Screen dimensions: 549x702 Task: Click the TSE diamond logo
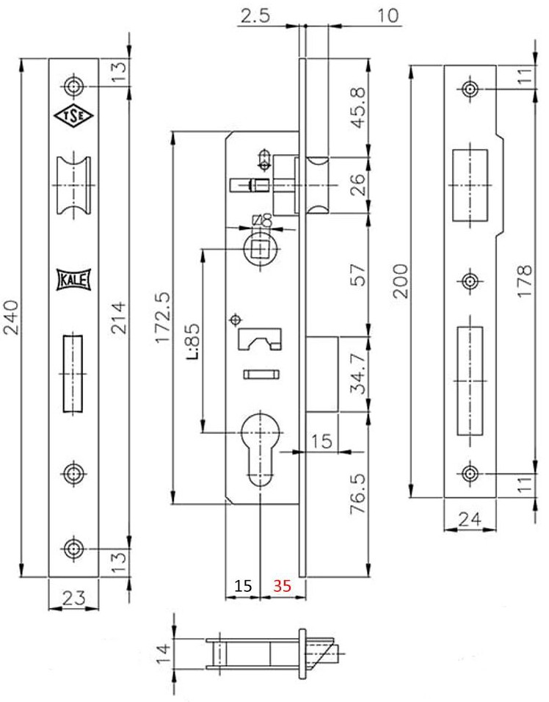pos(73,116)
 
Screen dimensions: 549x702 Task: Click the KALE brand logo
pos(73,280)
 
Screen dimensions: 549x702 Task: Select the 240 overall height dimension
pos(11,317)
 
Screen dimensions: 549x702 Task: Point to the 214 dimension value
pos(119,318)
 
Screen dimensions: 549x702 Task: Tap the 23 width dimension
pos(73,598)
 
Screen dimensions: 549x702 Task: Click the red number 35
pos(283,585)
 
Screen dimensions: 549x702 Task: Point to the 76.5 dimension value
pos(357,493)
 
